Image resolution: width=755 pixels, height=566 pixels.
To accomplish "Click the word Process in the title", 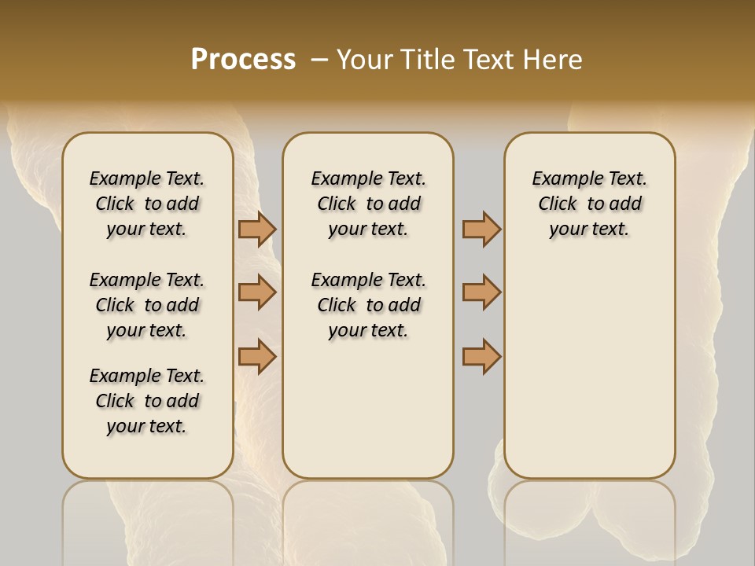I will [x=243, y=60].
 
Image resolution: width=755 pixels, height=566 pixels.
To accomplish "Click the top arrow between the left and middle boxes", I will [x=256, y=230].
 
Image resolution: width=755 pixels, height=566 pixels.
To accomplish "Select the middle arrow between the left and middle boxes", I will [x=256, y=292].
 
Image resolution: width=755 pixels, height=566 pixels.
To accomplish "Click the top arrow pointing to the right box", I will [x=481, y=230].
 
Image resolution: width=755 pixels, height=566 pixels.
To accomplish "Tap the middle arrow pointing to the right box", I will [x=481, y=292].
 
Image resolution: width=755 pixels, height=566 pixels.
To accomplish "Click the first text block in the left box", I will [x=147, y=204].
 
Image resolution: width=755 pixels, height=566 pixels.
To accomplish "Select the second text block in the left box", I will [x=147, y=305].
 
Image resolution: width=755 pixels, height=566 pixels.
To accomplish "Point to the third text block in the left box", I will [x=147, y=401].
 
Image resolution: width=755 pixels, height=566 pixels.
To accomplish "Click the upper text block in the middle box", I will [x=368, y=204].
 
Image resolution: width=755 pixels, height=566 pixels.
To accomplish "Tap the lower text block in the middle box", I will [x=368, y=305].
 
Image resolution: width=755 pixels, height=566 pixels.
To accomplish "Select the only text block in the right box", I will [x=589, y=204].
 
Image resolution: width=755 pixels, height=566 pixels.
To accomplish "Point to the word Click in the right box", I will [x=558, y=204].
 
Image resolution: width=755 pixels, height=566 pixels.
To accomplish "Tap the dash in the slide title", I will [x=319, y=60].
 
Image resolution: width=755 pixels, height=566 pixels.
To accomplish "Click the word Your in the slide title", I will [x=364, y=60].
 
